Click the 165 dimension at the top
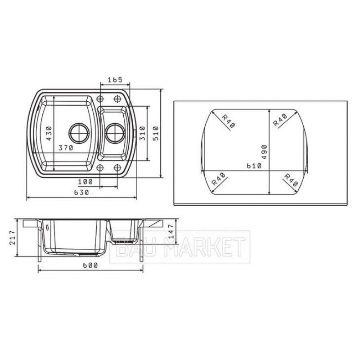[x=115, y=80]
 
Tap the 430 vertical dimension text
[x=49, y=133]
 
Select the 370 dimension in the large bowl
[x=66, y=148]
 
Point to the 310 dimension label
[x=142, y=133]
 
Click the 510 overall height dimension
[x=156, y=133]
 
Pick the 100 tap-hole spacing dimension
[x=85, y=182]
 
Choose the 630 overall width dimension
[x=81, y=193]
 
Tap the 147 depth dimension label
[x=172, y=231]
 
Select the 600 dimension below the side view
[x=90, y=265]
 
